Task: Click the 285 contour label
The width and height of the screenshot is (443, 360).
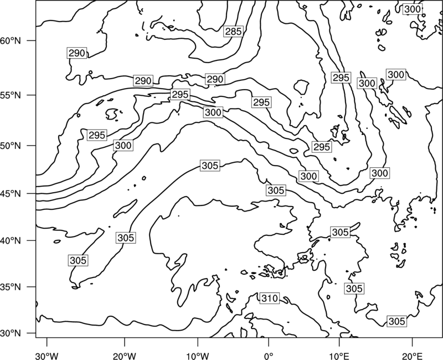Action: [233, 32]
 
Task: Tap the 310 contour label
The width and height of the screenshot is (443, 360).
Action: [270, 298]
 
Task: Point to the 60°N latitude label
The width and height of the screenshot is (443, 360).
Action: [11, 41]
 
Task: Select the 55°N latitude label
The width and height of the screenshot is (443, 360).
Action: [11, 95]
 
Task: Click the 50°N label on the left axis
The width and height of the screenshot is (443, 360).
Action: [11, 146]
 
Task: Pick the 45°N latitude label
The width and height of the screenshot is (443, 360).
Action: [11, 193]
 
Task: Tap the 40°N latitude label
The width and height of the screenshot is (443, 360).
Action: [11, 241]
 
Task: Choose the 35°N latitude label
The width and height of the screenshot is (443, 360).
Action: [11, 287]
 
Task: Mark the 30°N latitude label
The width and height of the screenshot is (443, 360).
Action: [11, 333]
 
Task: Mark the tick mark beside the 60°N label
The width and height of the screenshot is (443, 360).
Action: [32, 40]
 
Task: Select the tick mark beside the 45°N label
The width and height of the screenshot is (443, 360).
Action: [32, 193]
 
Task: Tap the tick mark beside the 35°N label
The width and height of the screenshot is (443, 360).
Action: [32, 287]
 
